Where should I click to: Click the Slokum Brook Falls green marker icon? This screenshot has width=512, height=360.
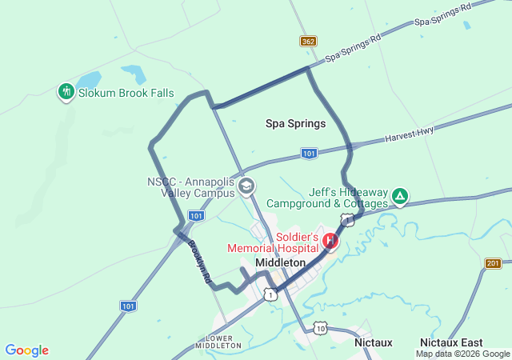point(66,93)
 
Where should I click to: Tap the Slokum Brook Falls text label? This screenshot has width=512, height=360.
point(126,94)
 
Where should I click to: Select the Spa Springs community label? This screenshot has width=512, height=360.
point(296,124)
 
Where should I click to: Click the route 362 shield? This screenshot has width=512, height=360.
point(308,41)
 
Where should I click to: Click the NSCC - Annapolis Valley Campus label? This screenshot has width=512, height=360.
point(190,187)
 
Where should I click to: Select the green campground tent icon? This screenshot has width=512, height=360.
point(400,195)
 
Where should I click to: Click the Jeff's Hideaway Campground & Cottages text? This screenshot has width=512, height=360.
point(327,198)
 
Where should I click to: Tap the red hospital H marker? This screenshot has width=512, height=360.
point(330,240)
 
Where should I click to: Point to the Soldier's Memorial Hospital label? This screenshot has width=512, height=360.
point(274,242)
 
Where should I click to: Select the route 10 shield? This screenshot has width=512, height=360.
point(321,328)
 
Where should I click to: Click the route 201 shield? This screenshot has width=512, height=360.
point(493,263)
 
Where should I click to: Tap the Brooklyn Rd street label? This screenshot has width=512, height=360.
point(199,264)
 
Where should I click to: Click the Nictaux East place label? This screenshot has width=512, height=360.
point(448,342)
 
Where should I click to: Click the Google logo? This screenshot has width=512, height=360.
point(26,350)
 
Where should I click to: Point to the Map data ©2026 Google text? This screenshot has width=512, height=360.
point(462,354)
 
